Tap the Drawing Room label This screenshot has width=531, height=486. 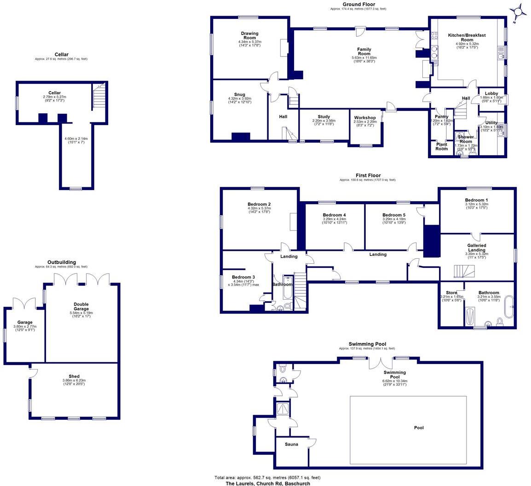coord(250,36)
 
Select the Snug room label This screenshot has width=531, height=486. coord(240,94)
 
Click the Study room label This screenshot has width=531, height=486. coord(324,117)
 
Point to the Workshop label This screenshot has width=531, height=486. coord(365,118)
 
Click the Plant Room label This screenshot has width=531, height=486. coord(441,146)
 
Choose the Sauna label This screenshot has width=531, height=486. coord(291,444)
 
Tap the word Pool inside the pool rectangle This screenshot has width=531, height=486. coord(419,428)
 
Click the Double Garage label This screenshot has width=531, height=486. coord(81,307)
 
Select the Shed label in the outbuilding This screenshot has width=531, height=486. coord(74,376)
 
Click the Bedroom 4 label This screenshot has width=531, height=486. coord(334,215)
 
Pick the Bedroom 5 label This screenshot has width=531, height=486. coord(394,215)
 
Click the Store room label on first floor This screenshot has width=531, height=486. coord(451,293)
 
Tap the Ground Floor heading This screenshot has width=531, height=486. coord(358,5)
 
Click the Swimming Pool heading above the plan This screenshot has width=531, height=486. coord(367,344)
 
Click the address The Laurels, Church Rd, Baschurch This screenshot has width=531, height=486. coord(267,483)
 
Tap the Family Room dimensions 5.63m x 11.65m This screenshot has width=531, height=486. coord(364,58)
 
